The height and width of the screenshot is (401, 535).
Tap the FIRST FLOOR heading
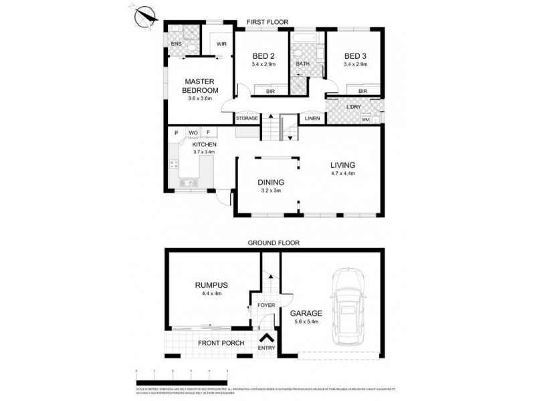[267, 22]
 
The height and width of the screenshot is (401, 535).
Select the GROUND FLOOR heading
[274, 243]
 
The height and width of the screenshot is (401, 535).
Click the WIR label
[221, 45]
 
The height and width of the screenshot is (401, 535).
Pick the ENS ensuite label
[176, 45]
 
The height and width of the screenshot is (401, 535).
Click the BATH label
[302, 63]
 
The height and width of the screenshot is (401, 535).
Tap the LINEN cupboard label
[312, 118]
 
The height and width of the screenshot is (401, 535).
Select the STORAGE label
[247, 118]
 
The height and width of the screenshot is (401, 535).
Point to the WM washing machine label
[365, 120]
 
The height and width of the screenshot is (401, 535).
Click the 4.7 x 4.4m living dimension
[342, 174]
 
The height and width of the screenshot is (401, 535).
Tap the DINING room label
[271, 182]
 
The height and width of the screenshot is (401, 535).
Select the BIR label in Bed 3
[362, 91]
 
